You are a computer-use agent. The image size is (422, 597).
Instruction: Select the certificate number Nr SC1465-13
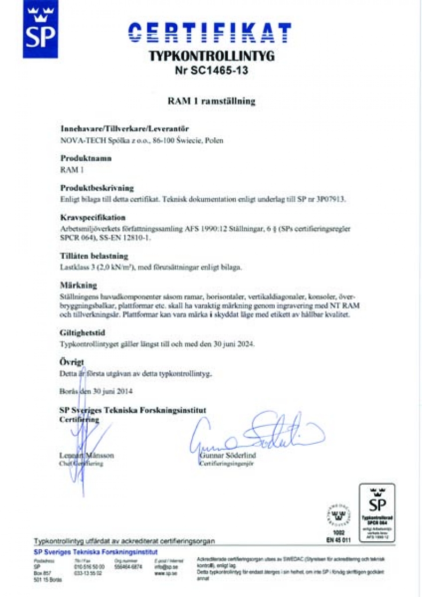(211, 71)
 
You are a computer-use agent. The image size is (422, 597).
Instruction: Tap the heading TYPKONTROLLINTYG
(211, 56)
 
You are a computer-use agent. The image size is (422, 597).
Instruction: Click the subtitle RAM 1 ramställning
(211, 101)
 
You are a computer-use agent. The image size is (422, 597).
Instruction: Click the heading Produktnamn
(86, 158)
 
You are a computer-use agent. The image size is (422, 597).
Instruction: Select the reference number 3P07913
(332, 199)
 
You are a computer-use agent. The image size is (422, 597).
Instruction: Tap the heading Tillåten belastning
(94, 256)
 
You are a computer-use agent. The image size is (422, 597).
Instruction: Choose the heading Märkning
(79, 285)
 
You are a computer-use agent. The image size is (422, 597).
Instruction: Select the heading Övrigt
(72, 362)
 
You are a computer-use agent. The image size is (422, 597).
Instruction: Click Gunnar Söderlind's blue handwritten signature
(253, 433)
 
